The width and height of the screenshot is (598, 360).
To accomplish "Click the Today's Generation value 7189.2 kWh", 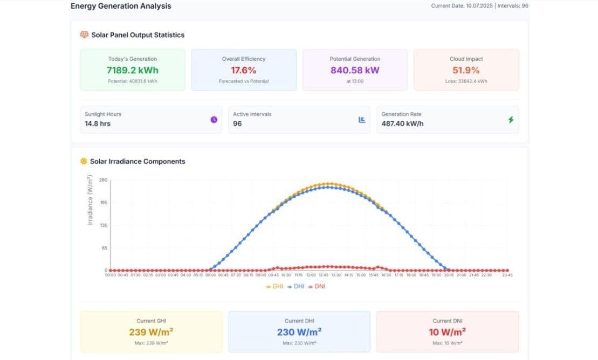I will pos(132,70).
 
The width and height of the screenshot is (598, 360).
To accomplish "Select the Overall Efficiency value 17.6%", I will pos(244,70).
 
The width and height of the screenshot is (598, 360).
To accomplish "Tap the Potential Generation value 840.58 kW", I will pos(355,70).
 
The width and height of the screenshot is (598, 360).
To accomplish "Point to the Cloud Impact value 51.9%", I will pos(466,70).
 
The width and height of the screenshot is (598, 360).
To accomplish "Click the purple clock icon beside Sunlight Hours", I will pos(214,120).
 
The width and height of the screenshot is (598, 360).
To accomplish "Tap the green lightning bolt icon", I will pos(511,120).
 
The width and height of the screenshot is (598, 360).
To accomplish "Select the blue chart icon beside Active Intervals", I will pos(362,120).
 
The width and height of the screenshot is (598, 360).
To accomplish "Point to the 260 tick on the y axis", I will pos(104,180).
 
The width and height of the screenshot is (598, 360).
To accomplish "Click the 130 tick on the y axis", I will pos(104,225).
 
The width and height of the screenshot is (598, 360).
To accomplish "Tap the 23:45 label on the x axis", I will pos(507,275).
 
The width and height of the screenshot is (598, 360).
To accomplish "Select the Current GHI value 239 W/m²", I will pos(151,332).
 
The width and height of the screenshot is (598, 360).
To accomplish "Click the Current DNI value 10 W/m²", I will pos(448,332).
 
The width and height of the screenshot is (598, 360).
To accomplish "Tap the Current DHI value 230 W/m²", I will pos(299,332).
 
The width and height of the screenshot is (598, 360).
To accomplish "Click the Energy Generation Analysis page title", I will pos(121,6).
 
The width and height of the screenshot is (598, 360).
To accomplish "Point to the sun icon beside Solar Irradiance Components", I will pos(84,161).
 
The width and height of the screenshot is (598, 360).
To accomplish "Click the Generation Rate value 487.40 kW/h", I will pos(402,123).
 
